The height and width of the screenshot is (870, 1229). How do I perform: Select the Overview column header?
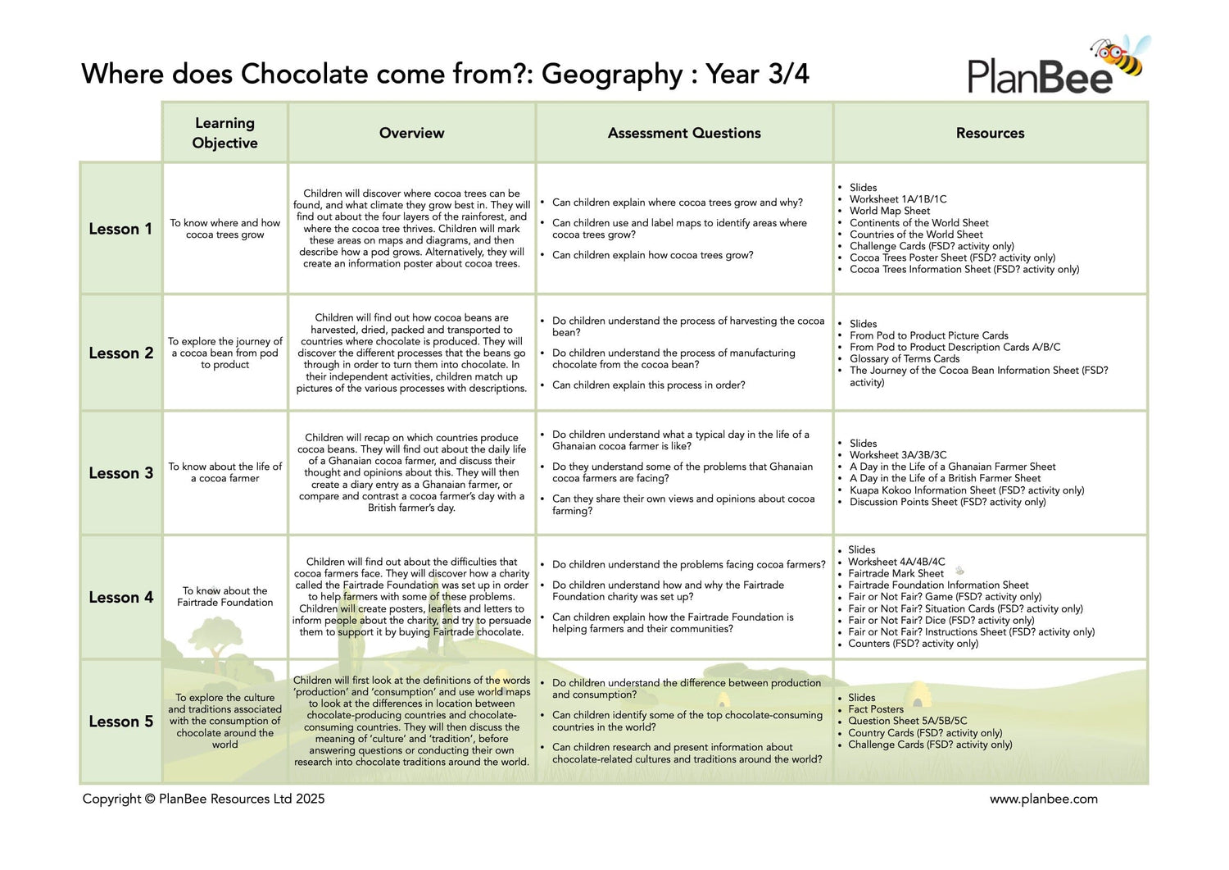(411, 133)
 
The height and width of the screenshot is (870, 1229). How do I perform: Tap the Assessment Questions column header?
(684, 133)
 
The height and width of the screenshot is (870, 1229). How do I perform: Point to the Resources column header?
(990, 133)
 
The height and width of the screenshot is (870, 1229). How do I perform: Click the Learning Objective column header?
(224, 133)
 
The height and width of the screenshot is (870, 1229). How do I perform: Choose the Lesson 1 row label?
(120, 229)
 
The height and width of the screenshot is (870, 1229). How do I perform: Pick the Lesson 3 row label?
(120, 473)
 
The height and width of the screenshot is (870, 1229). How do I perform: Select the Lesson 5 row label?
(120, 722)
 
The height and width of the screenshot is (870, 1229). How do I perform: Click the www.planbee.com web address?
(1043, 799)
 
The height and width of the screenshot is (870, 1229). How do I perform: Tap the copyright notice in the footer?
(203, 799)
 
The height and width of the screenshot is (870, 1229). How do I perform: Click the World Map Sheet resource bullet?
(889, 211)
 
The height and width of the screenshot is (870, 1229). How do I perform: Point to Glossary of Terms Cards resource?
(904, 358)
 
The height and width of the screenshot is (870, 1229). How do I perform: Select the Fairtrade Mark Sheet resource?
(896, 573)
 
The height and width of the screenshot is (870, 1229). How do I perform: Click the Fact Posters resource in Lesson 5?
(876, 709)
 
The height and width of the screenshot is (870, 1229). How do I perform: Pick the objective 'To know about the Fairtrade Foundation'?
(225, 596)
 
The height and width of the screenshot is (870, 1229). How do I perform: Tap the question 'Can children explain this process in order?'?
(648, 385)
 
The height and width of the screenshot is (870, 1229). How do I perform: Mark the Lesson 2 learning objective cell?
(225, 353)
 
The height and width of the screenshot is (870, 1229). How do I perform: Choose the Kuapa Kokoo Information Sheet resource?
(966, 490)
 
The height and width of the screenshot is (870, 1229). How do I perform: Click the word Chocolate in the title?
(304, 74)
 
